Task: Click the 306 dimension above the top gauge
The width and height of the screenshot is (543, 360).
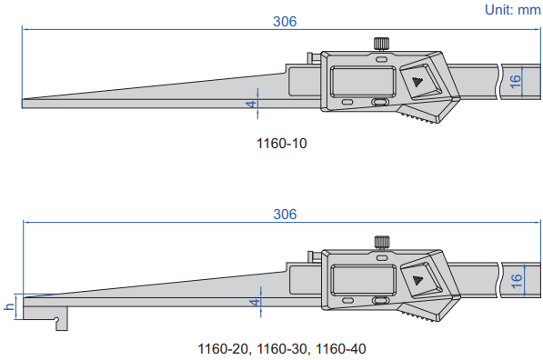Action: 285,22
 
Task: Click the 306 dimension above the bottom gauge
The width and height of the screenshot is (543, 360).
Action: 285,215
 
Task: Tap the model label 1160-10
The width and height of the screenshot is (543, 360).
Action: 282,144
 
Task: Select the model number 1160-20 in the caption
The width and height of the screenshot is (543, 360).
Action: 223,348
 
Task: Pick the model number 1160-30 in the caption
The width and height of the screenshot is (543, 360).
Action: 282,348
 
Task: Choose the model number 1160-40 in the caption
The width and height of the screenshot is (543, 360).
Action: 341,348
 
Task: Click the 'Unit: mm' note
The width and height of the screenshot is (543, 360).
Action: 512,10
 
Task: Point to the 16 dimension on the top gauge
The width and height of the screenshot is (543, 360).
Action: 516,81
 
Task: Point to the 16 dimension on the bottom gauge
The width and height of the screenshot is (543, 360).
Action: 517,281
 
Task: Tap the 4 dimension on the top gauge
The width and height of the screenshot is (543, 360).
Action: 253,104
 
